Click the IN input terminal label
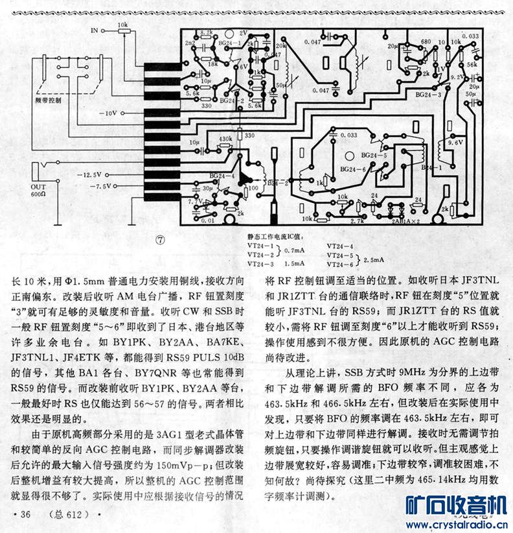95,30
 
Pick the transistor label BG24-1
231,44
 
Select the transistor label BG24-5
374,156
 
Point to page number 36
25,514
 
